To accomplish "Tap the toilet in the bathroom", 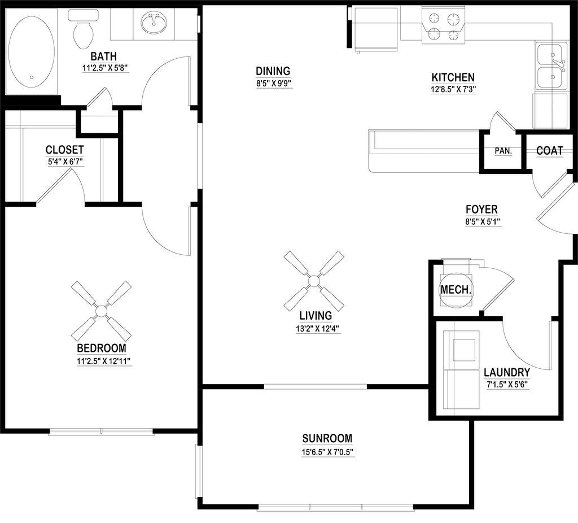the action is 84,32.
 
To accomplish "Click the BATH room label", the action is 103,56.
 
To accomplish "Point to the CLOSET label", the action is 65,150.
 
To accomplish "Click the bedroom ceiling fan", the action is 100,310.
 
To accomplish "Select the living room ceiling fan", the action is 313,280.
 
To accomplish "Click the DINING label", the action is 273,71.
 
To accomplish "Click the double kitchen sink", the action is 550,66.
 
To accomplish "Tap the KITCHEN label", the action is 453,77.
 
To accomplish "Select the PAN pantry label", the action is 501,151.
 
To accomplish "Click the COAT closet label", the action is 549,151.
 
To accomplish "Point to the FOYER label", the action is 481,210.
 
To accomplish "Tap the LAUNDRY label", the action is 507,373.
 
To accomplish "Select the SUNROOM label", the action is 327,438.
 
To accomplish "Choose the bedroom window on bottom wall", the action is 102,433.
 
